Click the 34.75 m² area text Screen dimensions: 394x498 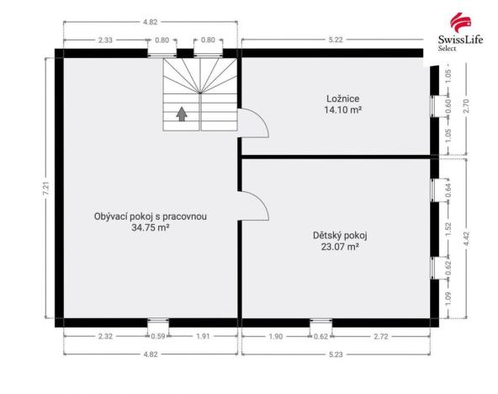click(x=151, y=227)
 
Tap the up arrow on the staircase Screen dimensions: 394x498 click(x=181, y=114)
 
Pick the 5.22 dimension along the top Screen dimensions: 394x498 click(x=335, y=40)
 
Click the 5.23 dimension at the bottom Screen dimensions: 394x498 click(x=335, y=354)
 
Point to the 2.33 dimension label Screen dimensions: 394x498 click(x=105, y=40)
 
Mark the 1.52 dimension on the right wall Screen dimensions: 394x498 click(x=448, y=226)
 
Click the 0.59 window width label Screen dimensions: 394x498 click(x=157, y=337)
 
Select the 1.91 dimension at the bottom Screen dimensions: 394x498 click(x=203, y=337)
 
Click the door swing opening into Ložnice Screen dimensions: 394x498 click(x=252, y=125)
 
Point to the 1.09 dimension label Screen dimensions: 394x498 click(x=448, y=296)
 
